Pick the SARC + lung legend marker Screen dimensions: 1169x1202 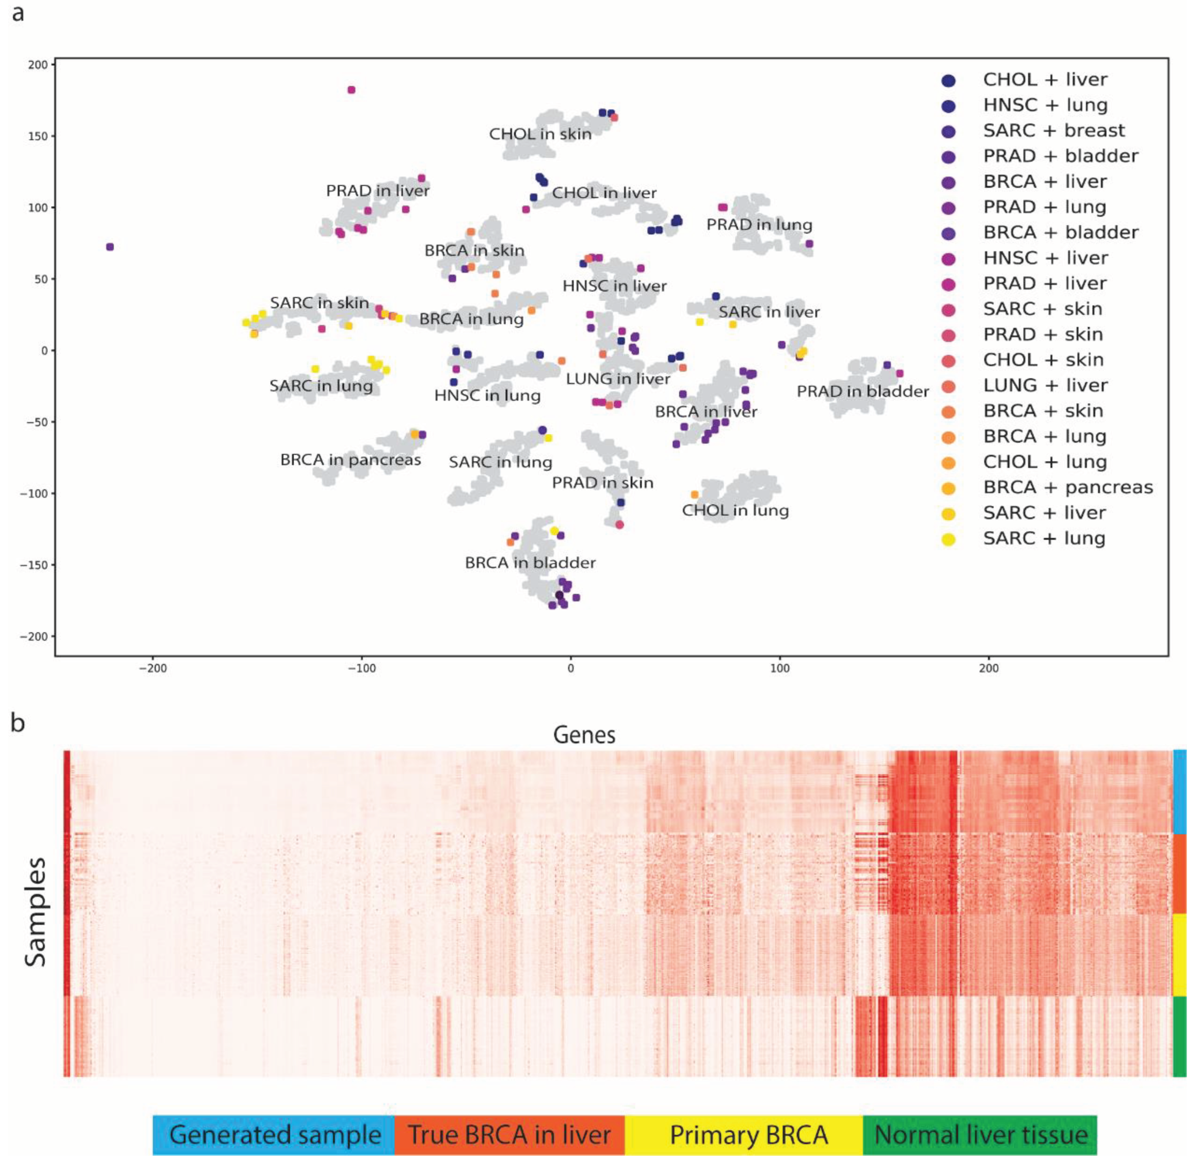click(x=948, y=540)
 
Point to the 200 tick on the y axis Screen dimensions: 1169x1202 click(x=38, y=65)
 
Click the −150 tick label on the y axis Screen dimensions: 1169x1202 click(x=34, y=565)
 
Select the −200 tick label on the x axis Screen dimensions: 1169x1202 click(x=153, y=668)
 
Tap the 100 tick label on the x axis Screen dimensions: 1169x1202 click(x=780, y=668)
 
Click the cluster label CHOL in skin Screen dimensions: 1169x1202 click(x=540, y=134)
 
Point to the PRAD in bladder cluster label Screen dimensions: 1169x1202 click(x=863, y=391)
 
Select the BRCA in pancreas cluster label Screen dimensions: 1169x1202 click(x=351, y=460)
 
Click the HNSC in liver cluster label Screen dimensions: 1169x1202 click(x=614, y=286)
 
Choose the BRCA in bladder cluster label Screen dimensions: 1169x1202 click(x=530, y=562)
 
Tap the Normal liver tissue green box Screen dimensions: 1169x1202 click(x=980, y=1134)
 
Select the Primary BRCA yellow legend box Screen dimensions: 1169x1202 click(x=748, y=1134)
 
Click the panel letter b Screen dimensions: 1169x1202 click(x=18, y=722)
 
